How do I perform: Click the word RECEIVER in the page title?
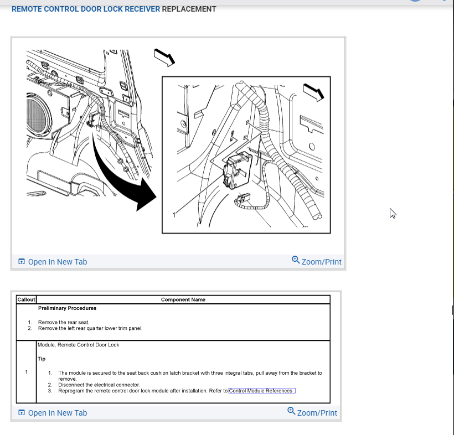point(142,9)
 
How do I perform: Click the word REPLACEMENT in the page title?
point(189,9)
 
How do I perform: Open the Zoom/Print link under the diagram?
point(317,261)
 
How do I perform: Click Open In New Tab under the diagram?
point(53,262)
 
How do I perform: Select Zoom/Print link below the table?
point(312,412)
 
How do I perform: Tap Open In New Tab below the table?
point(53,413)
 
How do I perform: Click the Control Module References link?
point(262,391)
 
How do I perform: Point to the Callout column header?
point(26,299)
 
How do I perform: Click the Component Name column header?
point(183,299)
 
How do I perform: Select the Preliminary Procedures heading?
point(67,308)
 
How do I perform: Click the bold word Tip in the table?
point(42,359)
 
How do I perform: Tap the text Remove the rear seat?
point(64,322)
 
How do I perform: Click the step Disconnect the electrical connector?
point(99,385)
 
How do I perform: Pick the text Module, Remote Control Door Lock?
point(78,345)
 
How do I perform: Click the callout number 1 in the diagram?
point(174,215)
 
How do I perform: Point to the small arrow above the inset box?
point(164,58)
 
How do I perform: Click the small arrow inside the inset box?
point(313,92)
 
